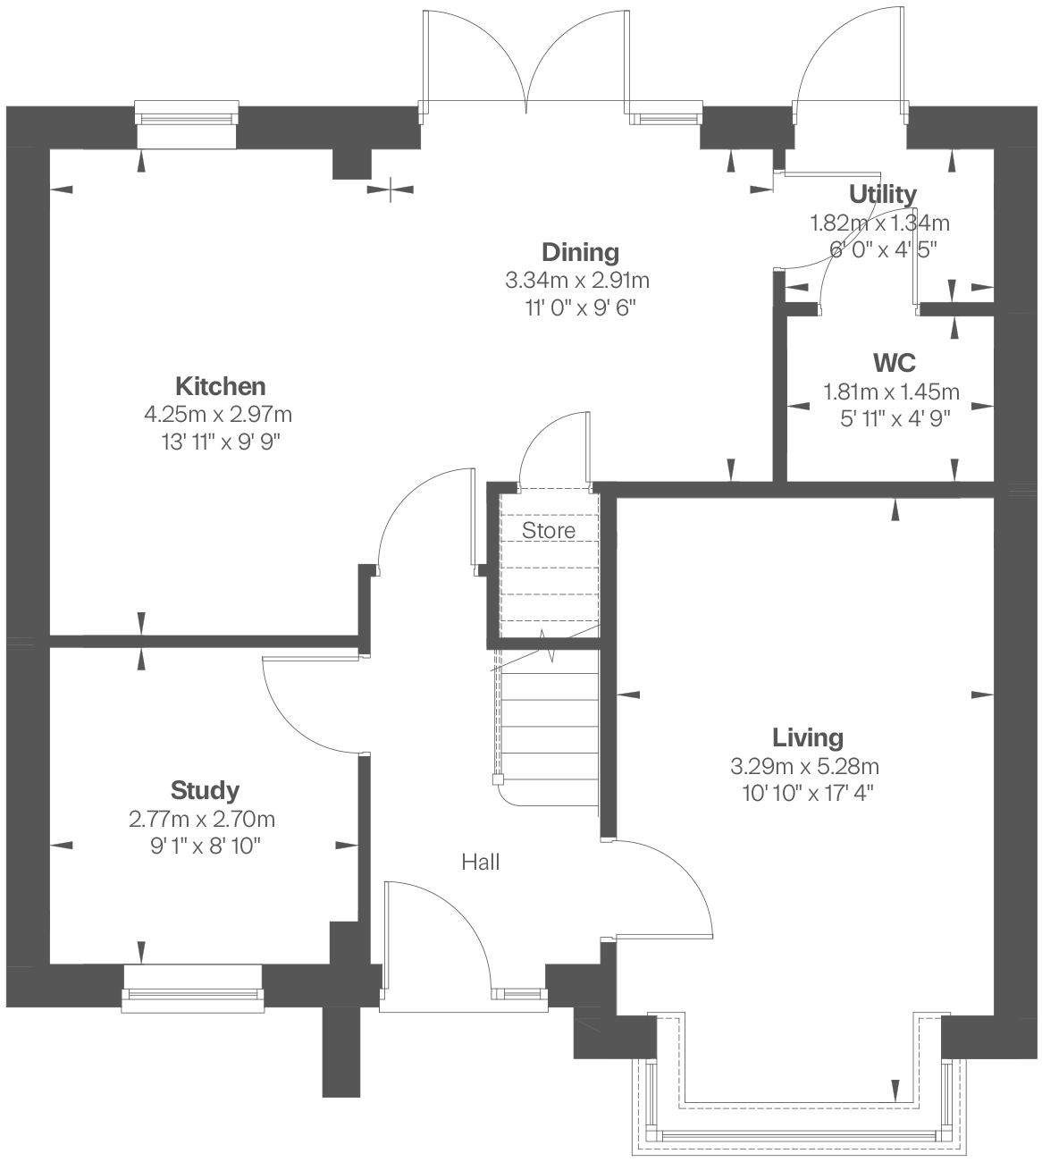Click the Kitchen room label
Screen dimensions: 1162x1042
(220, 386)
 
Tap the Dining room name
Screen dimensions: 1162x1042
(580, 252)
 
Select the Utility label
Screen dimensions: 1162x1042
(882, 194)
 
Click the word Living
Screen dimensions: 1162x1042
(807, 737)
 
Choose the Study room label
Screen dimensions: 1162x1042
(205, 790)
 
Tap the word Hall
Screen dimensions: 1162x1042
(481, 863)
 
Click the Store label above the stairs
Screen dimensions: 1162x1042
(549, 531)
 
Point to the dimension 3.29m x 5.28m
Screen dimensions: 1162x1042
(804, 766)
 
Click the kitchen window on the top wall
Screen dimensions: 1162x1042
(187, 118)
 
